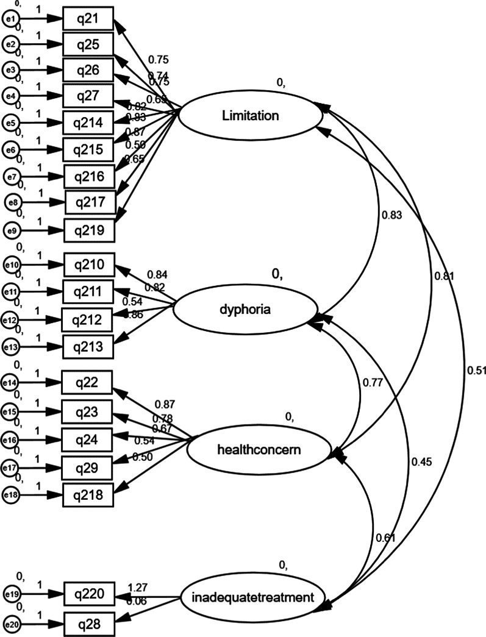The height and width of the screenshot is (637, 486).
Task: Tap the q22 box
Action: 87,383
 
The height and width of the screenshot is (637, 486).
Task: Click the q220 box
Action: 90,593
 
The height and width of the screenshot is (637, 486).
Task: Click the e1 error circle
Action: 9,19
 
